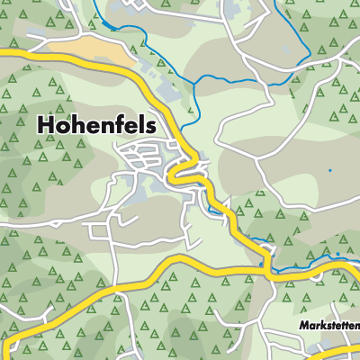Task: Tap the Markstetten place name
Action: (330, 324)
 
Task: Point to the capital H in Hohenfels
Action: (48, 126)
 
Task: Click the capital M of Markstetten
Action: (304, 324)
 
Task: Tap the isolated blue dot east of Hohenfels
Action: (329, 169)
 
